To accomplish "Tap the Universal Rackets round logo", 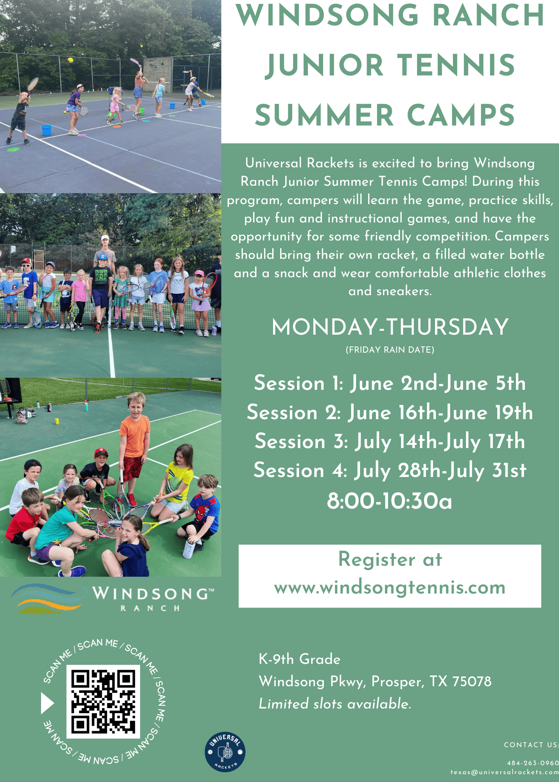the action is [x=225, y=752].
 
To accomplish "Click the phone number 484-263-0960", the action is [x=533, y=763].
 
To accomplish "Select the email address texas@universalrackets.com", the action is [x=505, y=772].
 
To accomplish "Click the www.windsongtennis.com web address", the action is [x=390, y=588].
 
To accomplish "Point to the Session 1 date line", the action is [x=390, y=383].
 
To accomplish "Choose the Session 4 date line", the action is [x=390, y=470].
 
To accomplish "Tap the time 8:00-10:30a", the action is [x=390, y=501].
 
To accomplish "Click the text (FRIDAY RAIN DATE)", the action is [x=390, y=350].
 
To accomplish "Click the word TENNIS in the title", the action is [x=457, y=65].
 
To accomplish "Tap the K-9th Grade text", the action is [x=300, y=659].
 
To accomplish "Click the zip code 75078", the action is [x=472, y=682].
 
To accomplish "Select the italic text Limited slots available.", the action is [x=335, y=704].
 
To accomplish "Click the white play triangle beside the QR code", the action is [x=47, y=703].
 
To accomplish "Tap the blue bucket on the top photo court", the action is [x=47, y=130].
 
